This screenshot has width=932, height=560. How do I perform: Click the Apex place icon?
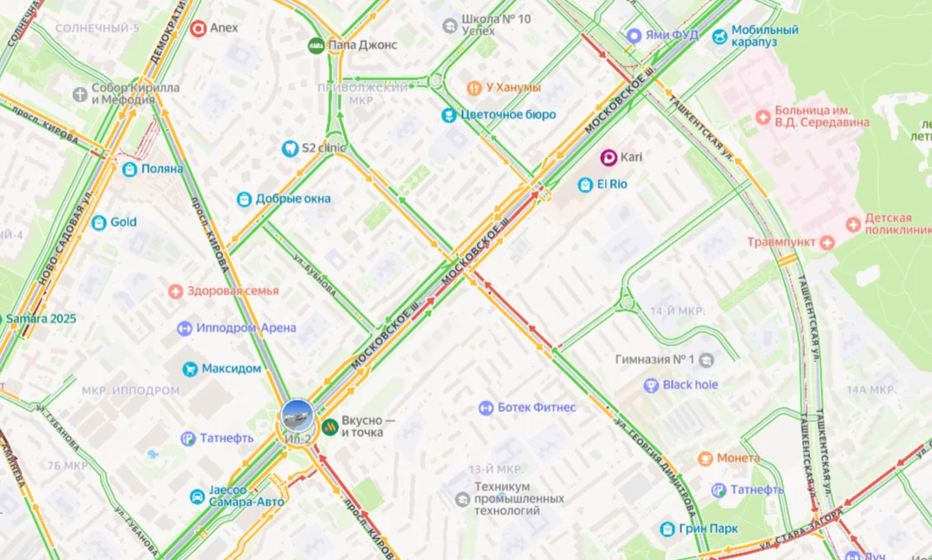click(198, 28)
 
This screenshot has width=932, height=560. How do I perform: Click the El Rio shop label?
click(612, 185)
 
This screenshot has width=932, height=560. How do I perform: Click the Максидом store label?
click(231, 368)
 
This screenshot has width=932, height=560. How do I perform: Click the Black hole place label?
click(690, 385)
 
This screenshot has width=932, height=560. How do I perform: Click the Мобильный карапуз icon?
click(720, 36)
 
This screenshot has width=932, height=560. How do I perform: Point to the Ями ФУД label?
click(674, 36)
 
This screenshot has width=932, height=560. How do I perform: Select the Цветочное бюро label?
click(509, 115)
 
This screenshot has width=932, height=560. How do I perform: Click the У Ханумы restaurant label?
click(513, 87)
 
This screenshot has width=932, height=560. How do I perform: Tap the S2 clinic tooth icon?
click(290, 148)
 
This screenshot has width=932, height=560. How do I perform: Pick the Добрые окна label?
click(293, 199)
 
